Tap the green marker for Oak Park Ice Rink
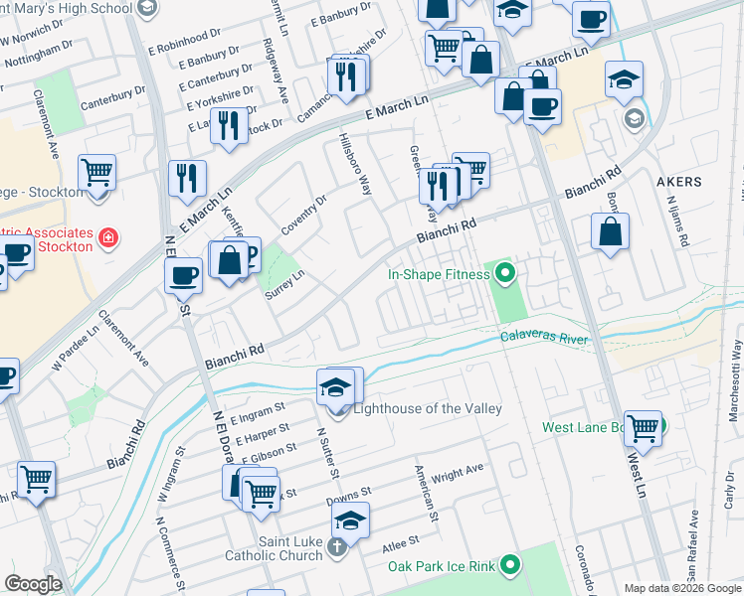tap(510, 565)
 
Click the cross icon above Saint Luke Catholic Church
tap(337, 545)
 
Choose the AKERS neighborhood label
tap(679, 182)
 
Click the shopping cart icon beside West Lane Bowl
tap(643, 427)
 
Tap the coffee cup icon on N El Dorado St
tap(183, 276)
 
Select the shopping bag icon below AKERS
tap(610, 232)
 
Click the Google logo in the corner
tap(33, 585)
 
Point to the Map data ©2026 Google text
tap(681, 588)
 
